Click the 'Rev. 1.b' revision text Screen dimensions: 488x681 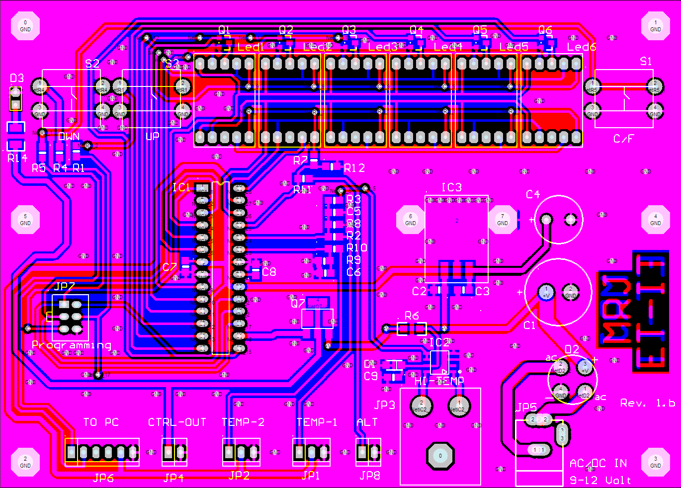click(647, 403)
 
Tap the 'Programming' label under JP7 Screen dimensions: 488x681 click(72, 345)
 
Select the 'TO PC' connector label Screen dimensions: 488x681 click(101, 422)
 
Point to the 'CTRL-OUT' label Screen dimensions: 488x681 click(177, 422)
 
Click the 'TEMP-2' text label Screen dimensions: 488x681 click(243, 422)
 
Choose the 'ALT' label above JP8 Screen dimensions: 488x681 click(367, 422)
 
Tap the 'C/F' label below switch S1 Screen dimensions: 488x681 click(624, 139)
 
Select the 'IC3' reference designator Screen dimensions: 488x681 click(451, 187)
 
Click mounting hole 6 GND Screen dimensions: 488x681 click(411, 219)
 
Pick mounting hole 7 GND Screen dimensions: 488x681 click(503, 219)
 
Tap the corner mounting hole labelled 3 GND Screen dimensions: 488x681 click(656, 462)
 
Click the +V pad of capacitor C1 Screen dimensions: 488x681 click(546, 292)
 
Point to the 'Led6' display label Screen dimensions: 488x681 click(582, 47)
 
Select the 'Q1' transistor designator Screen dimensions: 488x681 click(224, 30)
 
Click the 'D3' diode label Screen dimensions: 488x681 click(17, 78)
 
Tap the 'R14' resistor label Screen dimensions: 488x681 click(17, 158)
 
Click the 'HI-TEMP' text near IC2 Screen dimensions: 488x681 click(439, 381)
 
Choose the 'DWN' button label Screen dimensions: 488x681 click(69, 137)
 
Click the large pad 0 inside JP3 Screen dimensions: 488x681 click(440, 456)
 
